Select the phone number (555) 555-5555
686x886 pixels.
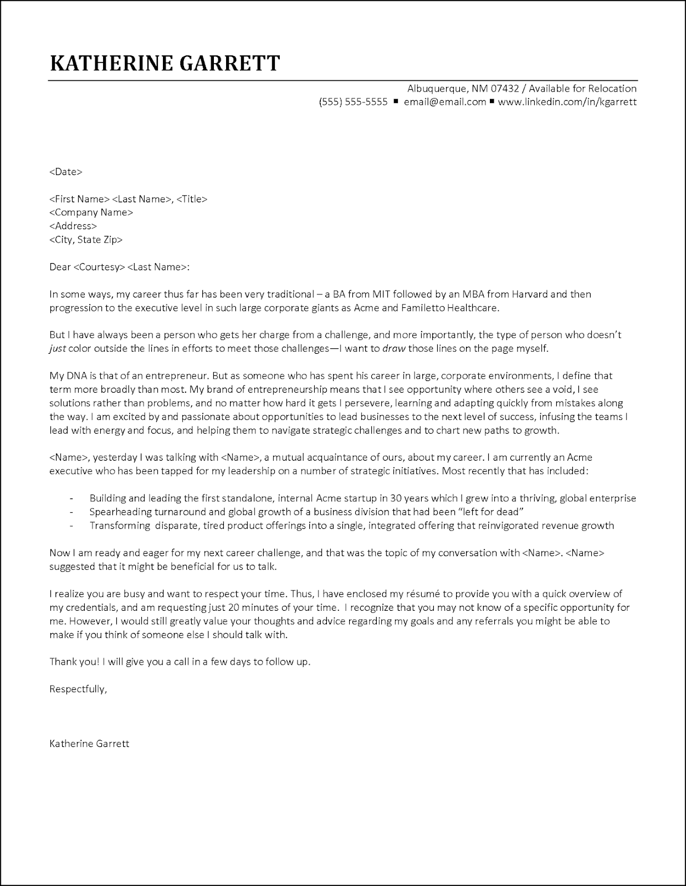(353, 102)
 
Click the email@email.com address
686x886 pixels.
(444, 102)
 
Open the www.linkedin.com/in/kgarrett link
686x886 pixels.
(567, 102)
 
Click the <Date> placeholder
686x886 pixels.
(66, 172)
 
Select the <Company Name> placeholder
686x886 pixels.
(91, 212)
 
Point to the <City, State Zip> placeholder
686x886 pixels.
(86, 239)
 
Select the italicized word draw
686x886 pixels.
(394, 348)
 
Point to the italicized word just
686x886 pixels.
(58, 348)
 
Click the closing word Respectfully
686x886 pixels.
(78, 689)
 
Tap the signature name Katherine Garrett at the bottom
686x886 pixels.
(89, 743)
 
